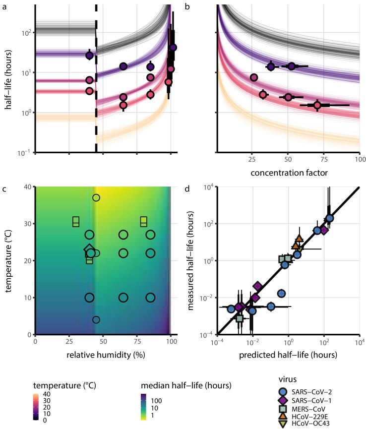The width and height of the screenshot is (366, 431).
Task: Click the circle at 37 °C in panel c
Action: click(x=96, y=198)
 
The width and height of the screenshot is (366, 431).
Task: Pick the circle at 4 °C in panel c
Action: click(x=96, y=320)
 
